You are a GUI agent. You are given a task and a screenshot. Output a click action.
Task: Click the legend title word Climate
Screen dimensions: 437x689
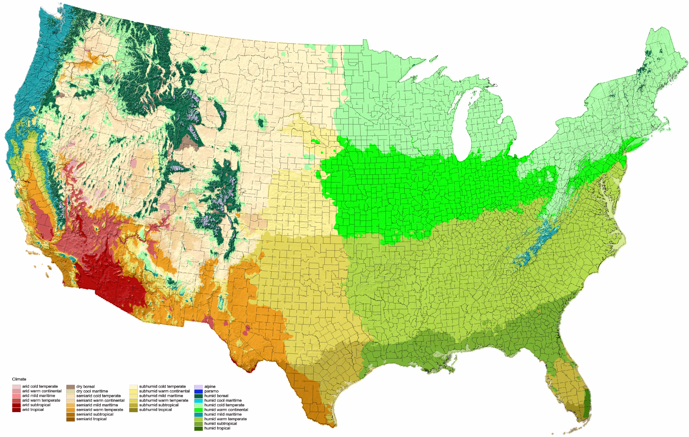click(19, 379)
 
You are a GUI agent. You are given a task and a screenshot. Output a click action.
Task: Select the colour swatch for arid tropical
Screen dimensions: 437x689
click(16, 410)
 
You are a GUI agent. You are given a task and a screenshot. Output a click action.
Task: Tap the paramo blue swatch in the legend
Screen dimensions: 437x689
click(198, 391)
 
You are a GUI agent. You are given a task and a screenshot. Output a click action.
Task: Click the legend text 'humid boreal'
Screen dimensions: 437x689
click(216, 396)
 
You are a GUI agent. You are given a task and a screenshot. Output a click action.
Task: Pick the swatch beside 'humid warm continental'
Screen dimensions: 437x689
click(198, 410)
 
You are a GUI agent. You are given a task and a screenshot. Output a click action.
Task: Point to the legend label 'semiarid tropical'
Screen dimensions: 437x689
click(91, 419)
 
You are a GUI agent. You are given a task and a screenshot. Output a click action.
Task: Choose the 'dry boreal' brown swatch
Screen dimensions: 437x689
click(71, 387)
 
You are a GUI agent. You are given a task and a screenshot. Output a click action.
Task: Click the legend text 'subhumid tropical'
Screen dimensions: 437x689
click(155, 410)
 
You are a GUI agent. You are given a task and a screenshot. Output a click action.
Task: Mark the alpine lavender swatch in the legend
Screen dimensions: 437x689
click(198, 387)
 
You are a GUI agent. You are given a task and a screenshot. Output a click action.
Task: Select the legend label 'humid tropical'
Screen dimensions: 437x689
click(217, 428)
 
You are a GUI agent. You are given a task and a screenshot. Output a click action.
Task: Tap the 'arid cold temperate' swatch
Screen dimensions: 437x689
click(16, 387)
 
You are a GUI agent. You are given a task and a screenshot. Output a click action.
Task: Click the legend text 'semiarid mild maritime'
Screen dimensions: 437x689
click(97, 405)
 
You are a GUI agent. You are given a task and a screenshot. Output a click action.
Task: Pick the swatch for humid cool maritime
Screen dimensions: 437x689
click(198, 400)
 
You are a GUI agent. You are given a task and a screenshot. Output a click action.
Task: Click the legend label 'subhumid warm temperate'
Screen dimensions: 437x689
click(164, 400)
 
